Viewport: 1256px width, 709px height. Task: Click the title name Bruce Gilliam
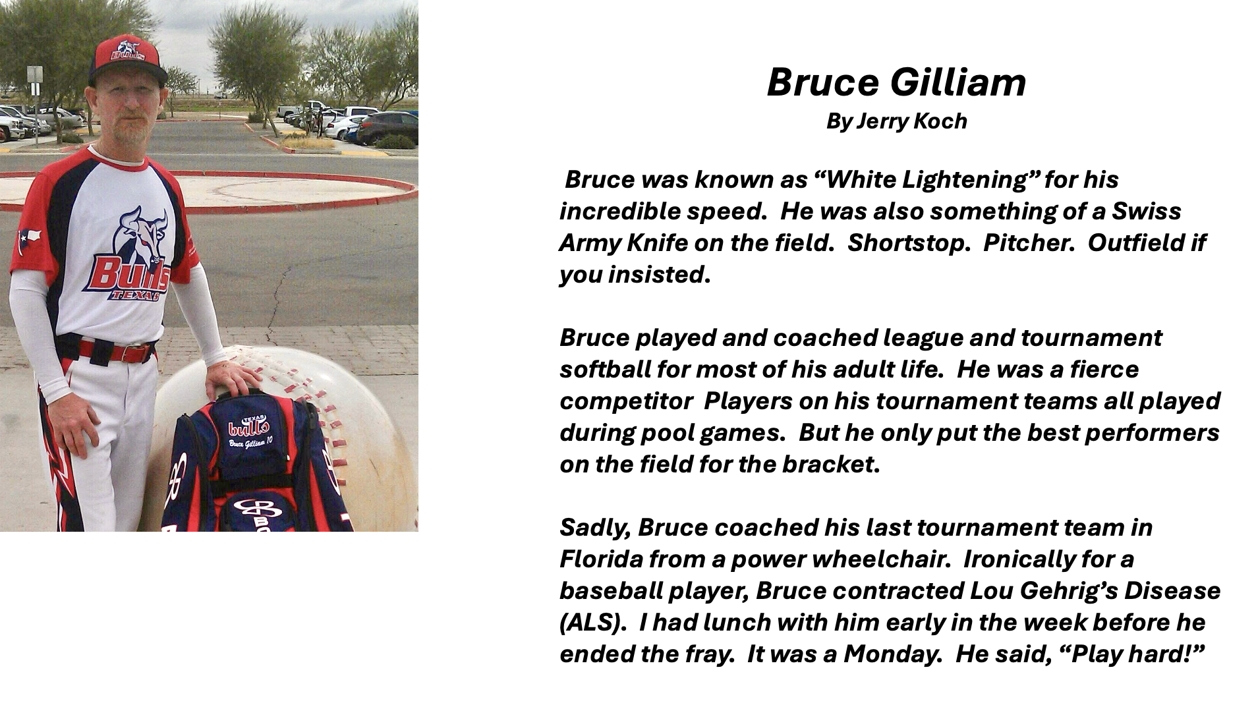[896, 83]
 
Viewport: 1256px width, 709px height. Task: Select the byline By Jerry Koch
[896, 121]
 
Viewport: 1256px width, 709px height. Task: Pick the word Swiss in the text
[1147, 212]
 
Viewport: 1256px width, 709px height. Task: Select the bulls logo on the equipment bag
[248, 428]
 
